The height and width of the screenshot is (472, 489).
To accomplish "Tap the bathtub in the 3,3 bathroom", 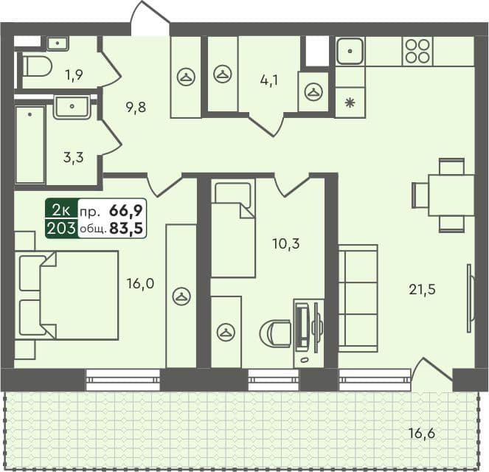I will [x=30, y=145].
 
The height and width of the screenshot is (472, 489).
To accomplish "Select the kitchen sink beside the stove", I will [x=349, y=51].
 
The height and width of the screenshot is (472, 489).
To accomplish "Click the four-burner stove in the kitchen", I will [x=417, y=51].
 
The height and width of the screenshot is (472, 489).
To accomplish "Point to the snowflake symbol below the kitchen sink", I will [x=350, y=103].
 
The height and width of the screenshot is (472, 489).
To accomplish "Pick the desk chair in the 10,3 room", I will [x=276, y=333].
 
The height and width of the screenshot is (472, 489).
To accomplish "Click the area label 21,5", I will [x=423, y=289].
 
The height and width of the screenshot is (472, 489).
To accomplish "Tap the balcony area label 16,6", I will [x=423, y=433].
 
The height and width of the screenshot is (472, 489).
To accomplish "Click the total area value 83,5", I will [x=125, y=228].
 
